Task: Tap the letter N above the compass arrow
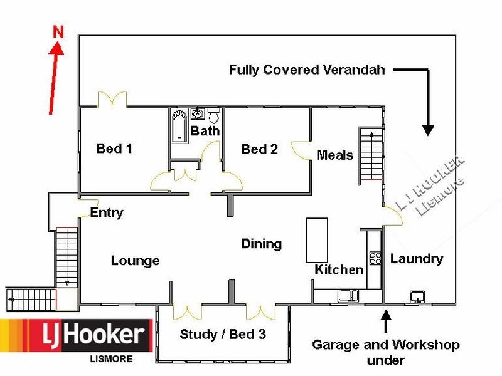click(x=58, y=31)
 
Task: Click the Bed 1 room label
click(x=114, y=149)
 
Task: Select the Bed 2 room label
click(x=259, y=149)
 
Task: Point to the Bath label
click(x=205, y=131)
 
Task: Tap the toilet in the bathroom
click(x=214, y=116)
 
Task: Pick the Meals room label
click(x=334, y=155)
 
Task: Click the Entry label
click(x=107, y=212)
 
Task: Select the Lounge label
click(x=135, y=261)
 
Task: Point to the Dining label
click(x=261, y=244)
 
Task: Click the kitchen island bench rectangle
click(x=317, y=240)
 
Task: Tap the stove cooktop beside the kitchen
click(x=376, y=258)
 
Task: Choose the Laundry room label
click(x=416, y=258)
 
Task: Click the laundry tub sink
click(x=417, y=296)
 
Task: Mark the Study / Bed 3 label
click(x=222, y=334)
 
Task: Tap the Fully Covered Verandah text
click(x=306, y=70)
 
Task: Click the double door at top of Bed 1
click(x=113, y=100)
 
